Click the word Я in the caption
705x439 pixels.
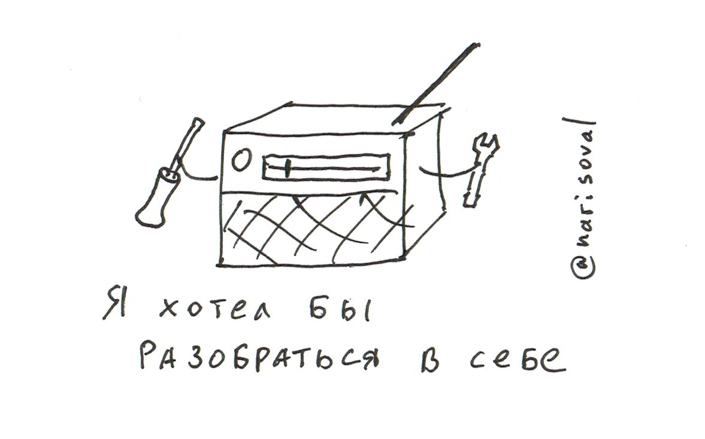[113, 304]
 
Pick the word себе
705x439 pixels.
[517, 359]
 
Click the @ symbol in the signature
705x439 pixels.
[583, 267]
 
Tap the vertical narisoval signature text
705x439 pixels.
[582, 198]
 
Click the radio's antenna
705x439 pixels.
[435, 84]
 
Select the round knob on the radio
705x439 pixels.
[241, 161]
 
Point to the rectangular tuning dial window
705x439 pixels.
[326, 167]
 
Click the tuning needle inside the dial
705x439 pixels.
[286, 167]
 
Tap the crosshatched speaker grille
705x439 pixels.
[313, 228]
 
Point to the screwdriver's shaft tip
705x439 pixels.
[198, 121]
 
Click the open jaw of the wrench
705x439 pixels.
[487, 142]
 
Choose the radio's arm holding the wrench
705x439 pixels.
[445, 172]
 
